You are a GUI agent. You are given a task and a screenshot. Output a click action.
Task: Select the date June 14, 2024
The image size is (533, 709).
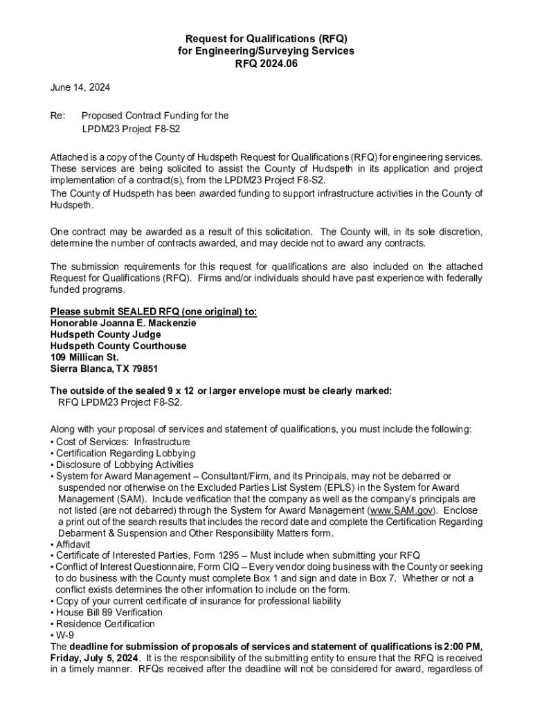[80, 88]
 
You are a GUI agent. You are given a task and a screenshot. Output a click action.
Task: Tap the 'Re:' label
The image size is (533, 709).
[58, 116]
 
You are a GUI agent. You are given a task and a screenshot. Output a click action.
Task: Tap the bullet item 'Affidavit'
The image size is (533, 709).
[75, 544]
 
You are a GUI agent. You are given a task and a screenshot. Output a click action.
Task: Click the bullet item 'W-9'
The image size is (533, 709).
[64, 635]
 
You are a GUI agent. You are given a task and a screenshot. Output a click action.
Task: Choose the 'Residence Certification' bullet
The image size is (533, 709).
[105, 624]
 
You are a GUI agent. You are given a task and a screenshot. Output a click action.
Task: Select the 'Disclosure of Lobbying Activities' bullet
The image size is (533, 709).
[125, 465]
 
